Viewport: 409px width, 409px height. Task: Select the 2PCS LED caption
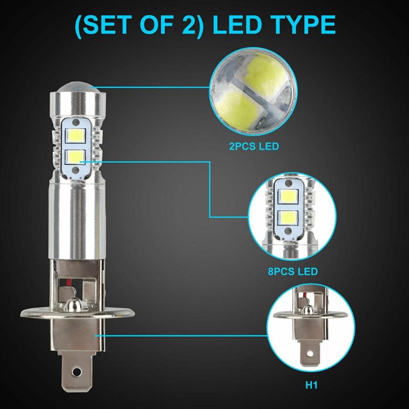(254, 147)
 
